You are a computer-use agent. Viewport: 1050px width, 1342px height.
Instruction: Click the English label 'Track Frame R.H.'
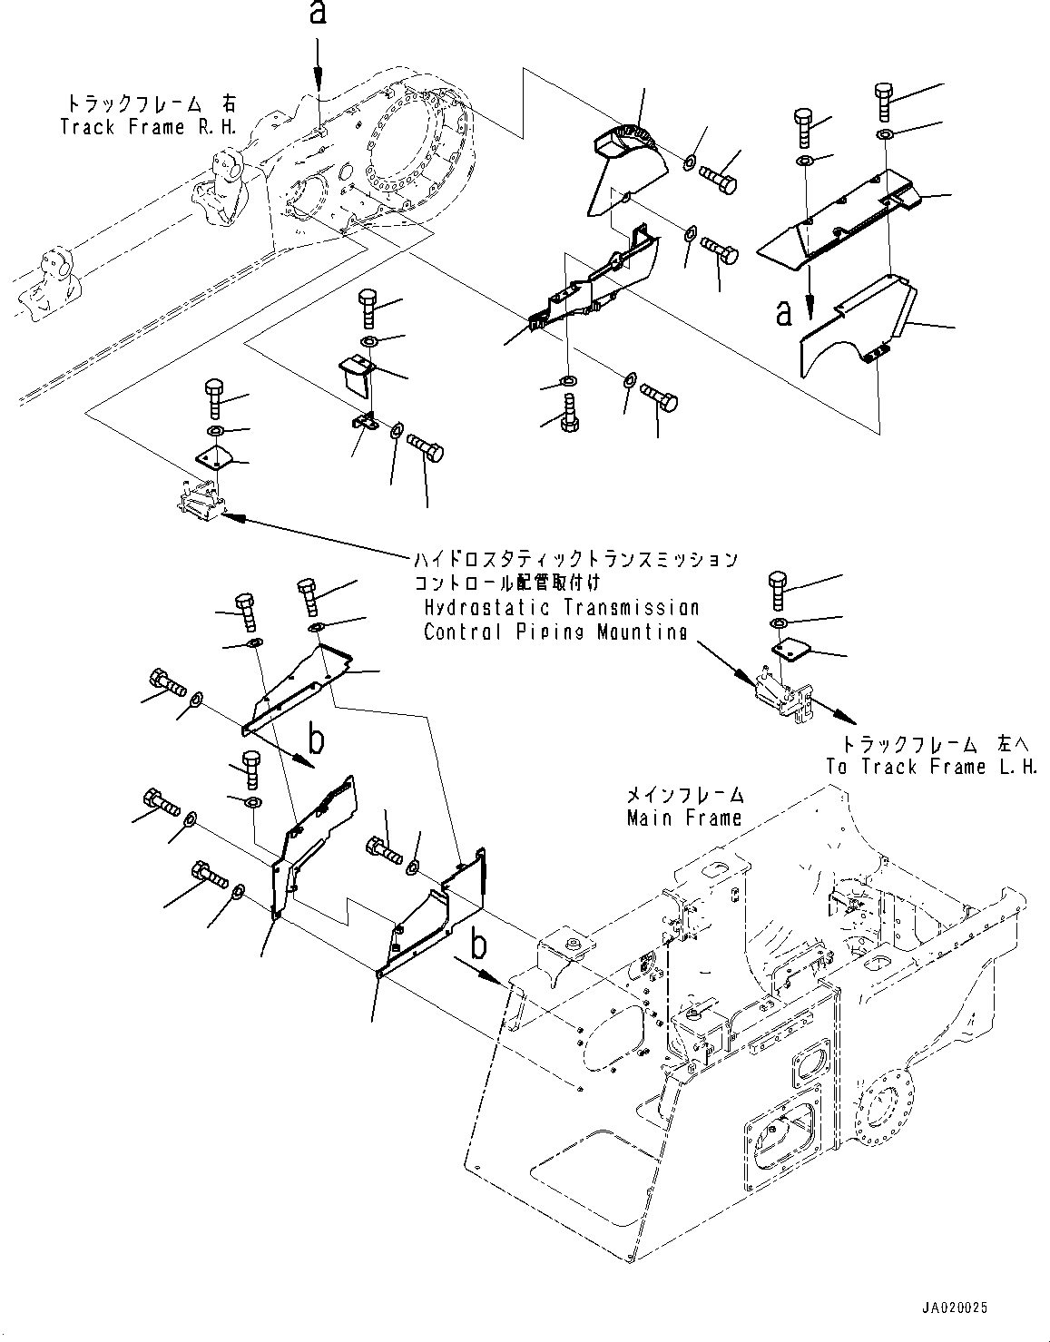tap(148, 127)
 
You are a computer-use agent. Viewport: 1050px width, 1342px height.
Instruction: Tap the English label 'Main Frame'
tap(683, 818)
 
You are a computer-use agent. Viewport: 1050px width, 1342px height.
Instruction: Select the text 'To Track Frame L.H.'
tap(931, 767)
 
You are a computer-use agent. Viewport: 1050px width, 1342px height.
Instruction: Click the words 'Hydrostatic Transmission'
tap(561, 607)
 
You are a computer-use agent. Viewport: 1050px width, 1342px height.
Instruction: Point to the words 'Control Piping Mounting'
tap(554, 632)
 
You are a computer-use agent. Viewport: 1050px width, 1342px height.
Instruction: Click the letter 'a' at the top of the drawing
tap(318, 15)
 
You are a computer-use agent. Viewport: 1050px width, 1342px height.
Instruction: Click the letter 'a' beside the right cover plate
tap(784, 313)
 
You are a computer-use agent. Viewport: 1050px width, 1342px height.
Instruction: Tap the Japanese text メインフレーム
tap(685, 795)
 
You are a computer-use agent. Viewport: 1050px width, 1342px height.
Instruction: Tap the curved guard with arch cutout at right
tap(857, 328)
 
